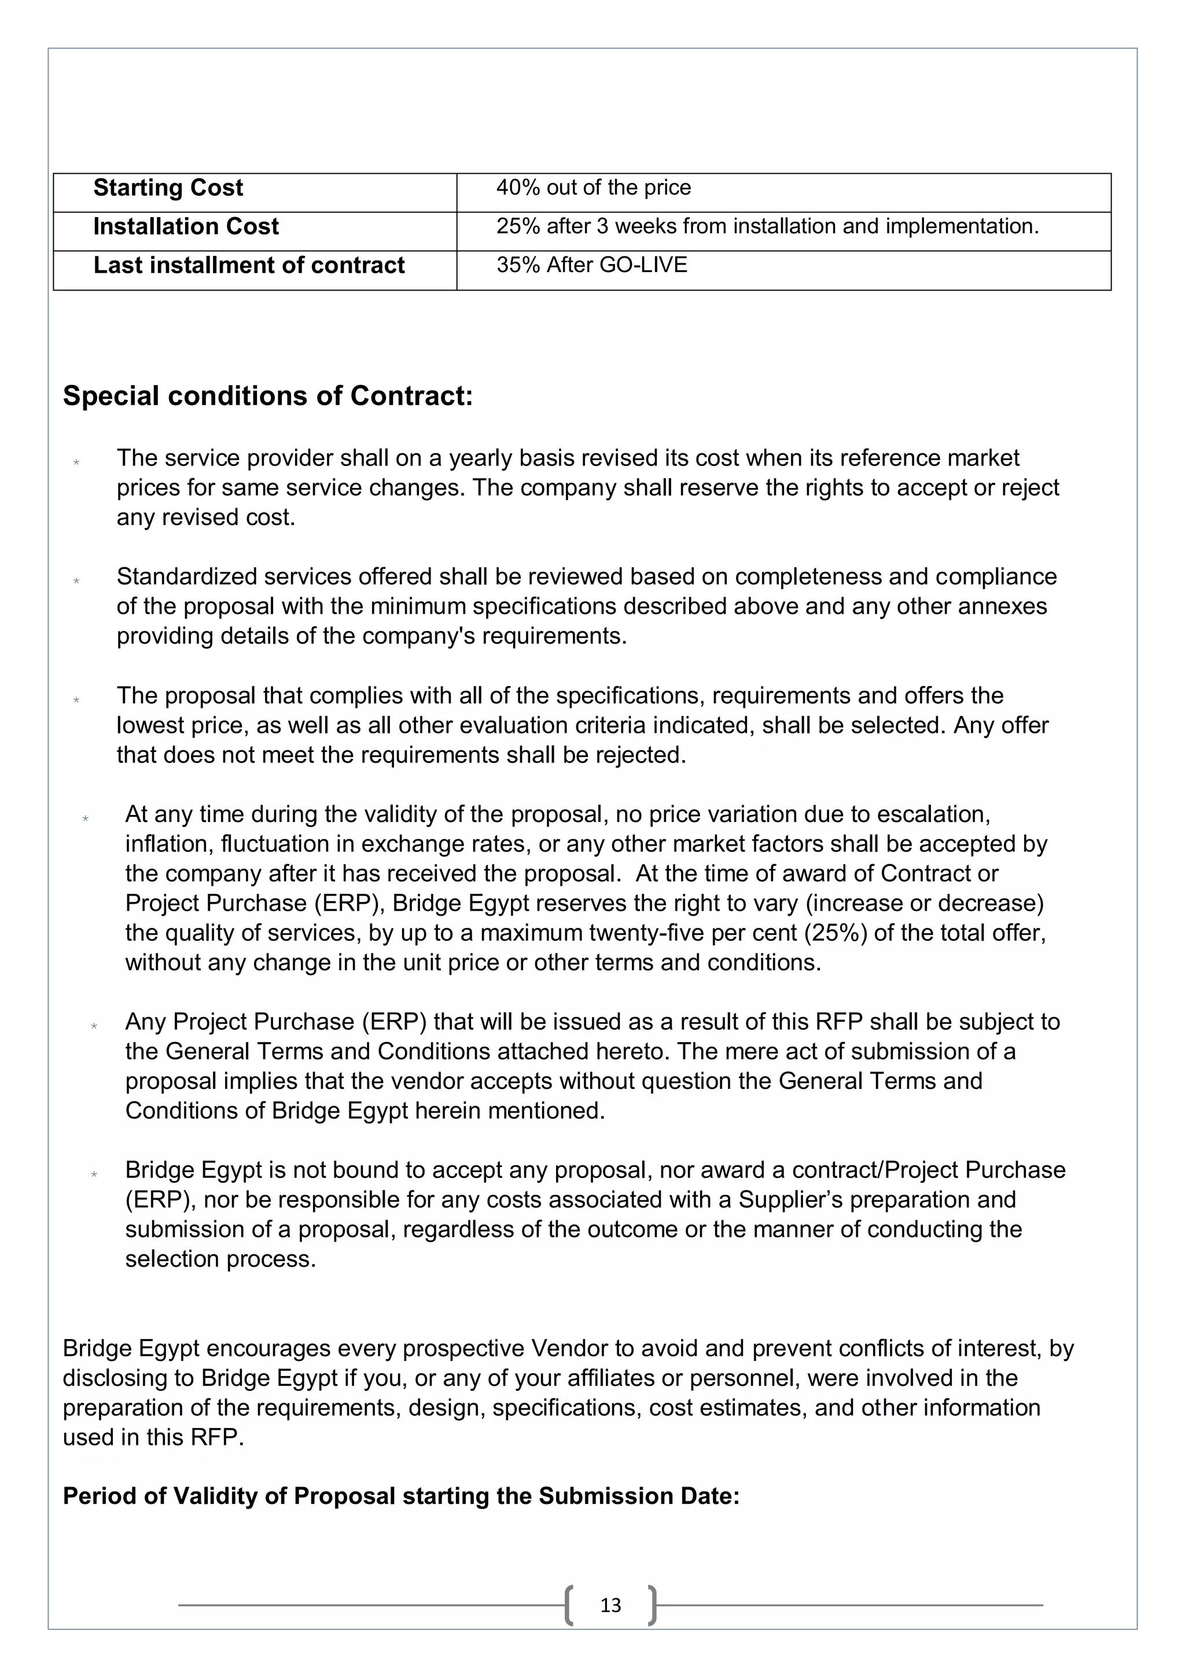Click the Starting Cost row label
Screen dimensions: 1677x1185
[168, 189]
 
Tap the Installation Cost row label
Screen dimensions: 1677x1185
[186, 227]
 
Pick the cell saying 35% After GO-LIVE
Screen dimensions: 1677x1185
[591, 265]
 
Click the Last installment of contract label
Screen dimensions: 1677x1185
[248, 266]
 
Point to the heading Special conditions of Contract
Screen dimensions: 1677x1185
[268, 396]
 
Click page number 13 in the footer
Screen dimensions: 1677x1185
[610, 1605]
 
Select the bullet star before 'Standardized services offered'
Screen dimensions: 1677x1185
[76, 581]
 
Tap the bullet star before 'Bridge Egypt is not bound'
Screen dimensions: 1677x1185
[94, 1175]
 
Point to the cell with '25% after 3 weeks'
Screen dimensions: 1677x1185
[767, 227]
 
